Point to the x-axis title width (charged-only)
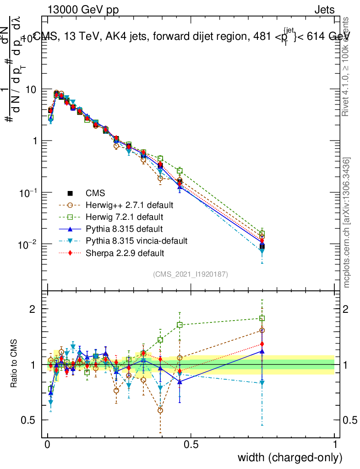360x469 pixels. coord(290,457)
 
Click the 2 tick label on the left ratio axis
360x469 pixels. coord(33,309)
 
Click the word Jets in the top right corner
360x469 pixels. coord(324,10)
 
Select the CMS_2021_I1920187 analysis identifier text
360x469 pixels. coord(191,274)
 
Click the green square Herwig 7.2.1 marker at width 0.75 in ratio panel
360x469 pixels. coord(262,318)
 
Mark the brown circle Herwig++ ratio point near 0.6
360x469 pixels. coord(160,410)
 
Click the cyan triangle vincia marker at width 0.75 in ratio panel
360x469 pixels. coord(262,383)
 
